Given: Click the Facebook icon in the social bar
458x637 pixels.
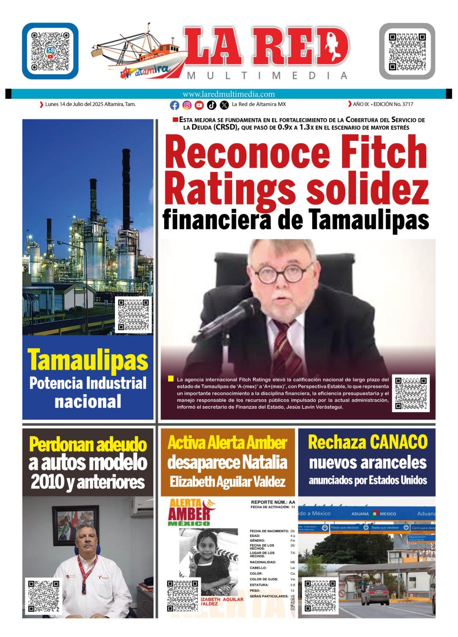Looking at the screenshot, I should coord(174,105).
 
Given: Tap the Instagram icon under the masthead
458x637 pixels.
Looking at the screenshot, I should coord(187,105).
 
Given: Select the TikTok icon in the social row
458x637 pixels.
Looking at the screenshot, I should coord(212,105).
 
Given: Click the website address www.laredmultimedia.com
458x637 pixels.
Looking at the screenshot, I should coord(229,94).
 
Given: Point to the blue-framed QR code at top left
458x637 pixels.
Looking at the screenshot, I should coord(50,51).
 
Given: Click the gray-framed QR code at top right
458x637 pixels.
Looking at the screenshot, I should coord(407,51).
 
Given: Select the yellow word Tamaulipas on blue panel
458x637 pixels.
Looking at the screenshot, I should coord(88,360).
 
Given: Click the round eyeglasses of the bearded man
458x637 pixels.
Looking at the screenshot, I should coord(280,273).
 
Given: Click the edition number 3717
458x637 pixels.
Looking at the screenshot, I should coord(407,104).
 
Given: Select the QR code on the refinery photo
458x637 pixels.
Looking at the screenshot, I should coord(133,314).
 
